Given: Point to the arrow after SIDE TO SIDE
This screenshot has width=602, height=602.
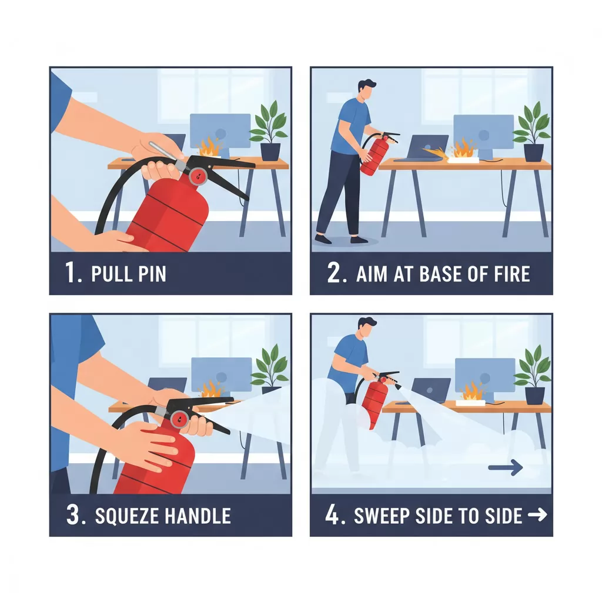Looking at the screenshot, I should (537, 516).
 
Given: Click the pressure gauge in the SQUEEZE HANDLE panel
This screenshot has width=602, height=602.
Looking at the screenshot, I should (180, 419).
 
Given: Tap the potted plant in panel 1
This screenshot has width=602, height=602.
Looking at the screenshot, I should (269, 131).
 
